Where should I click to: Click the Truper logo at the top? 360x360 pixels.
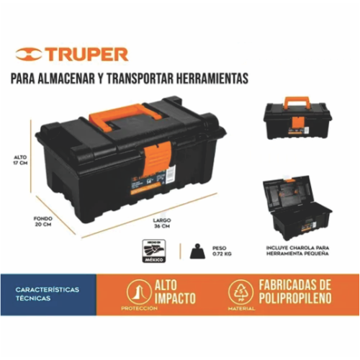tap(72, 54)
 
